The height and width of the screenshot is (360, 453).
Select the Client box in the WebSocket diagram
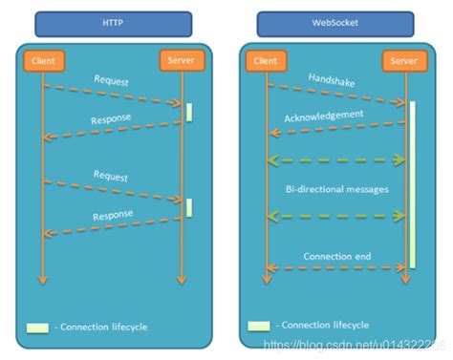pyautogui.click(x=267, y=62)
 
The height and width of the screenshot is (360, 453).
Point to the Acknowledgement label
pyautogui.click(x=324, y=114)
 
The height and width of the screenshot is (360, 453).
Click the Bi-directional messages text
pyautogui.click(x=336, y=189)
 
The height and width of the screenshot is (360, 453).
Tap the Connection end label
pyautogui.click(x=336, y=256)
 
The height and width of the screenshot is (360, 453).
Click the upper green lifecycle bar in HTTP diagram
pyautogui.click(x=189, y=111)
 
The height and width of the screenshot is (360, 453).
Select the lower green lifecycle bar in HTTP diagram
pyautogui.click(x=189, y=206)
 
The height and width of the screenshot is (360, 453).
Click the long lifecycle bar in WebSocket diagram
pyautogui.click(x=413, y=181)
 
